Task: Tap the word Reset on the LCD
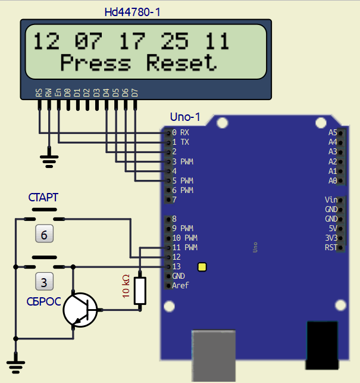coord(181,63)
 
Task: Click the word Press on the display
coord(95,63)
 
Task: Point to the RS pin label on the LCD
coord(39,92)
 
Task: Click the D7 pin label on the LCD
coord(134,92)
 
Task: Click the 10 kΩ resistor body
coord(140,291)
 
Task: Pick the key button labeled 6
coord(44,235)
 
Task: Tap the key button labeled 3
coord(44,280)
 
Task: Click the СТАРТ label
coord(44,197)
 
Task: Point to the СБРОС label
coord(43,301)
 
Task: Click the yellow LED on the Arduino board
coord(202,267)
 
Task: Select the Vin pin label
coord(331,200)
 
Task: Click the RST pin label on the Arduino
coord(331,247)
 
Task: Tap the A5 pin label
coord(333,132)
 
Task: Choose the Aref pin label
coord(180,286)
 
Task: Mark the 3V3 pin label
coord(331,238)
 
